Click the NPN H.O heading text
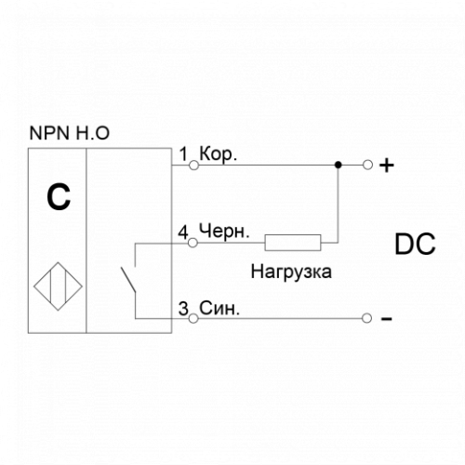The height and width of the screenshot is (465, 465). click(69, 133)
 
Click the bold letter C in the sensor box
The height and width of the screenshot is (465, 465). click(59, 197)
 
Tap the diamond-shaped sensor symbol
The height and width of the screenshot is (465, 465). click(58, 286)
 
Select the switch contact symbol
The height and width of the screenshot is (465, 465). click(128, 280)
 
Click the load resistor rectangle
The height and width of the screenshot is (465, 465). click(293, 243)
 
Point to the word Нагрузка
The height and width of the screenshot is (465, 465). click(291, 272)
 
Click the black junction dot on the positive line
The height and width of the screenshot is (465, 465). click(339, 165)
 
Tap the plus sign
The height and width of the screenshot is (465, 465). click(387, 166)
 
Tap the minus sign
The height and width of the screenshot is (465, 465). click(387, 319)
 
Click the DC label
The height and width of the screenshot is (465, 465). click(415, 245)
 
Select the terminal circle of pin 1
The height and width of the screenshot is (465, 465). click(193, 166)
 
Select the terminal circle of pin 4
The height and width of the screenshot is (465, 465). click(193, 243)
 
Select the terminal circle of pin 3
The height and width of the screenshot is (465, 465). click(193, 318)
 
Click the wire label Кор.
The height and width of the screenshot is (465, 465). click(219, 153)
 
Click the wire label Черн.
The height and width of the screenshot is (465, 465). click(224, 232)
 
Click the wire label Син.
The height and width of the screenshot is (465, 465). click(219, 308)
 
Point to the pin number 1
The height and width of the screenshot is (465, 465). click(184, 153)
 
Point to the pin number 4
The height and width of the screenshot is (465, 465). click(183, 232)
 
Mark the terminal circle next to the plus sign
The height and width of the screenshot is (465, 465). click(367, 165)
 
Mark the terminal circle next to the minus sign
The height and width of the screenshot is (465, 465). click(366, 318)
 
